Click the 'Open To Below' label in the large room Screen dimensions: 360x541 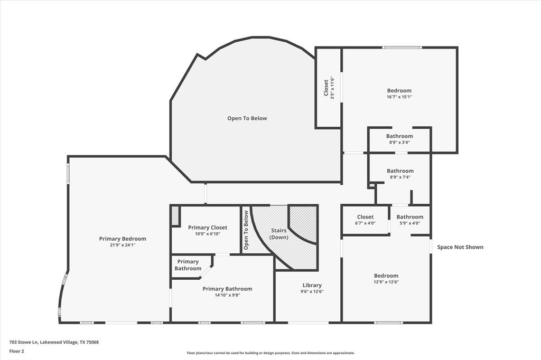pos(247,118)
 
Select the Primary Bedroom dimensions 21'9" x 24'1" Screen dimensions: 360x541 pos(123,245)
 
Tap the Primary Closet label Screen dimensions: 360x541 pos(208,228)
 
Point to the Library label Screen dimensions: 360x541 pos(312,285)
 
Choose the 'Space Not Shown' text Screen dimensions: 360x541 pos(460,247)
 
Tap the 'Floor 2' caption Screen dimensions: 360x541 pos(17,351)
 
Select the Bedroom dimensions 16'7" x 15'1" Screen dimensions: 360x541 pos(399,97)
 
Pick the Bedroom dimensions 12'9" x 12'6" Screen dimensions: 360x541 pos(386,282)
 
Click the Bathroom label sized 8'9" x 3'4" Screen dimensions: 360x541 pos(399,136)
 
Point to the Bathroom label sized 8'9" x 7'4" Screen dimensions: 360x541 pos(400,171)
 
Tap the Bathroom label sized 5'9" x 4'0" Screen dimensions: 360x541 pos(410,217)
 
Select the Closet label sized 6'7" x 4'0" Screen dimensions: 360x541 pos(365,217)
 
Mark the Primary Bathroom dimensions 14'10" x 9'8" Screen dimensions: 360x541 pos(227,295)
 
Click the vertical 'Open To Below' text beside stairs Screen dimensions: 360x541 pos(246,230)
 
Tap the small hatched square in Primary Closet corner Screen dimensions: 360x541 pos(175,216)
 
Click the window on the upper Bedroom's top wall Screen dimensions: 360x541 pos(402,48)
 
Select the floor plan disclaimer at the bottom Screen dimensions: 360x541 pos(270,353)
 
